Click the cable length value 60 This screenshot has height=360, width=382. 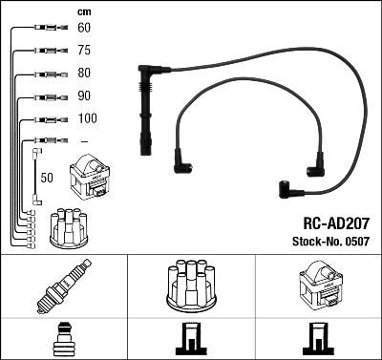83,29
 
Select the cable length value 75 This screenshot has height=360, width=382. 83,52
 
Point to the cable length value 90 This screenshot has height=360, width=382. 83,96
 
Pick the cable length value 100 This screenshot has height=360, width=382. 86,119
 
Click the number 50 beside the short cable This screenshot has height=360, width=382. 47,177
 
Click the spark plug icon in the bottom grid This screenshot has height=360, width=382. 63,286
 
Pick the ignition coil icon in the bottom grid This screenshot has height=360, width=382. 318,286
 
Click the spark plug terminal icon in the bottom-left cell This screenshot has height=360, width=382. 63,339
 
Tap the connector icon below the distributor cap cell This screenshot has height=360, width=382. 191,340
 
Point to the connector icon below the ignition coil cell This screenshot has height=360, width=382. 318,340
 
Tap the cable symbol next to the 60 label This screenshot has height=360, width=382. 42,29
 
